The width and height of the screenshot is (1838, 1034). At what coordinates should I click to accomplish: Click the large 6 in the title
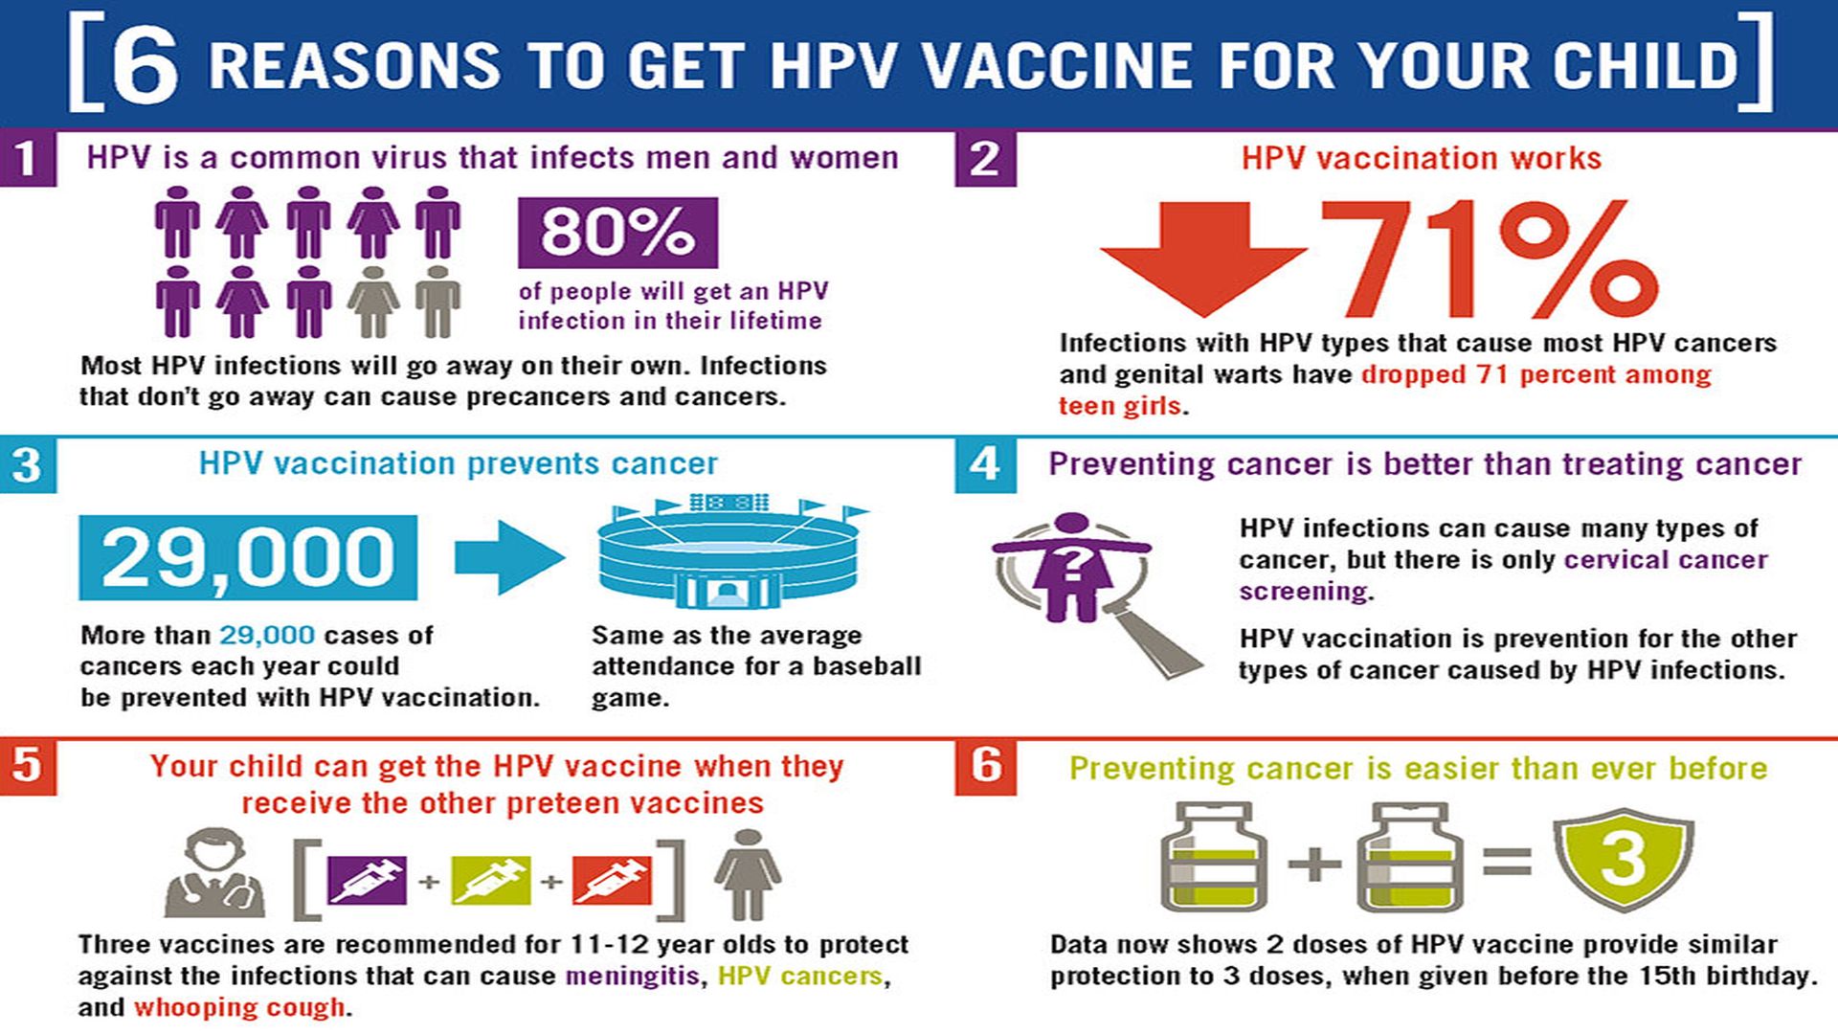click(145, 64)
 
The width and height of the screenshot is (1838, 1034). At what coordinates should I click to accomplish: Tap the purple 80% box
click(617, 233)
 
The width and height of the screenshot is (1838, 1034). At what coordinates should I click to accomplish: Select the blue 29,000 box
click(248, 557)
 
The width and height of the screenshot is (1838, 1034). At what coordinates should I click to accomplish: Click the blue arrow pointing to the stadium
click(509, 557)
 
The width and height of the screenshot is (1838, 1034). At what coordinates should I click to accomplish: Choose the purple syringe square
click(367, 880)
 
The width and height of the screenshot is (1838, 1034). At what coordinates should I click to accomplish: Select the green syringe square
click(490, 880)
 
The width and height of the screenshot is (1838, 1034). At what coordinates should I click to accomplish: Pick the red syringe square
click(612, 880)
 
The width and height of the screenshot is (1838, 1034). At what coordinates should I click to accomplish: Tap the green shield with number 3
click(1624, 858)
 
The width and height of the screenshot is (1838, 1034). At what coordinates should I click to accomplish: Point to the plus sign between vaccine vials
click(1314, 863)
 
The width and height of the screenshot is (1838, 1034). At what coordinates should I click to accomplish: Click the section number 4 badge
click(985, 464)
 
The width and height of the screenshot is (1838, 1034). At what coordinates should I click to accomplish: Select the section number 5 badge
click(28, 766)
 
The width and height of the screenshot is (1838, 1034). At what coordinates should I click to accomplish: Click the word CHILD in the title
click(1647, 64)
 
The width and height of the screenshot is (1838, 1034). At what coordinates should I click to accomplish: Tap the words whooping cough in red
click(239, 1007)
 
